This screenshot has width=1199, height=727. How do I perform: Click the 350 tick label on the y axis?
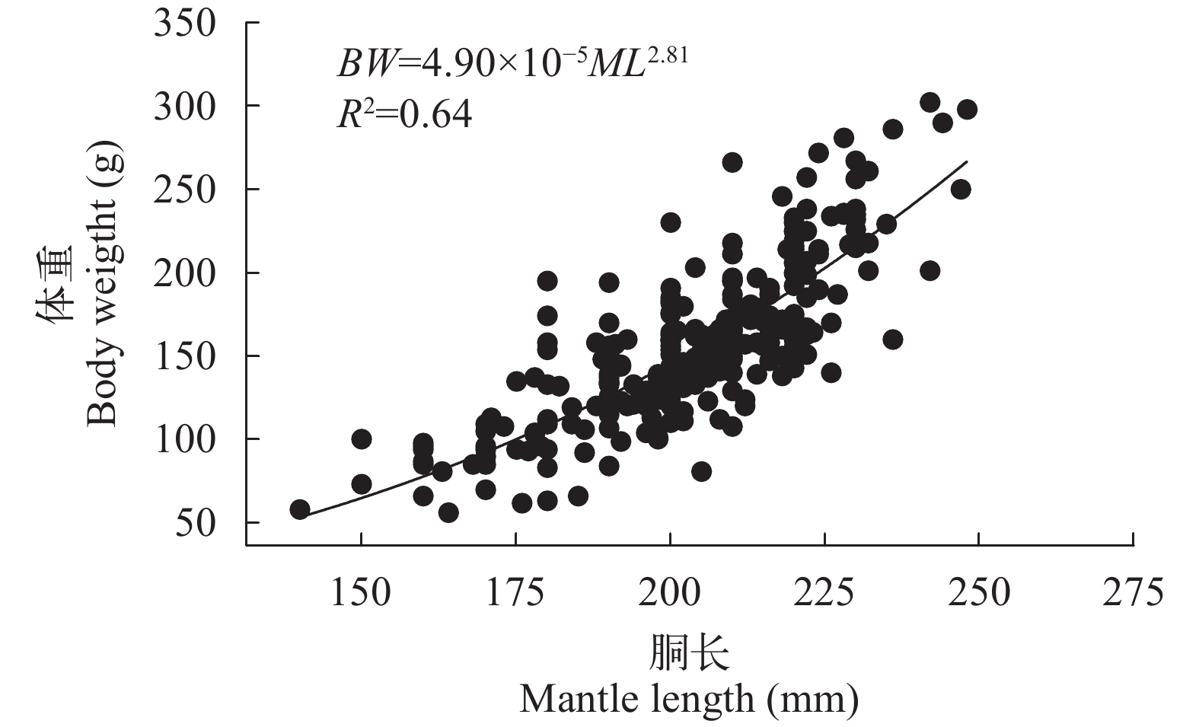pos(185,23)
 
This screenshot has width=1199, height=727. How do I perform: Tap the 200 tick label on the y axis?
pos(185,273)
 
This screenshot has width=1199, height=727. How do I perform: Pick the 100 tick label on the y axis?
pos(185,439)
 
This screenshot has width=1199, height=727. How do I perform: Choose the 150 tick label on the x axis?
pos(361,592)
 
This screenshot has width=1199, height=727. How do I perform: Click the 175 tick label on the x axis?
pos(515,592)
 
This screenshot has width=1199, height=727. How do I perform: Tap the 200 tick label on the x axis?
pos(670,592)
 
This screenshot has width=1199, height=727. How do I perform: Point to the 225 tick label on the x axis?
pos(824,592)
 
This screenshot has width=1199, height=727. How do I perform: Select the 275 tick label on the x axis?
pos(1134,592)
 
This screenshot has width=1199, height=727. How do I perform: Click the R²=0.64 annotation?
pos(404,115)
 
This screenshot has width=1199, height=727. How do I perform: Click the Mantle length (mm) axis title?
pos(689,698)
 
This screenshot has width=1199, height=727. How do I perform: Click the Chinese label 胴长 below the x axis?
pos(690,653)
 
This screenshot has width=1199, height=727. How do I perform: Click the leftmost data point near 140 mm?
pos(300,509)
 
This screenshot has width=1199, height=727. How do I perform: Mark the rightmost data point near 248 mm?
pos(967,110)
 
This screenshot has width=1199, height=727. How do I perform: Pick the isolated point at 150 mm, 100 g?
pos(362,439)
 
